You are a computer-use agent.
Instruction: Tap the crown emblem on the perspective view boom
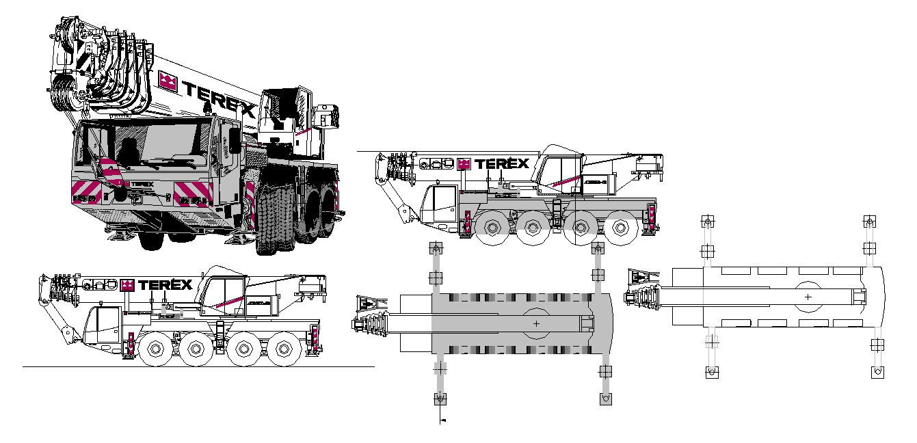pyautogui.click(x=168, y=81)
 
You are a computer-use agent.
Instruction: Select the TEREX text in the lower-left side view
pyautogui.click(x=165, y=285)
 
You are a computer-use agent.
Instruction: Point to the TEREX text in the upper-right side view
pyautogui.click(x=501, y=163)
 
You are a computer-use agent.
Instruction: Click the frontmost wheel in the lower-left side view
pyautogui.click(x=155, y=350)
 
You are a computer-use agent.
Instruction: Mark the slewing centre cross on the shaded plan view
pyautogui.click(x=536, y=323)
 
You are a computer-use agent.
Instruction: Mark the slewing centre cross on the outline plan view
pyautogui.click(x=808, y=297)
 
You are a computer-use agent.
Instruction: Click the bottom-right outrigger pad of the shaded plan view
pyautogui.click(x=604, y=399)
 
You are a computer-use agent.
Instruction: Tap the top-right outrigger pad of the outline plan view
pyautogui.click(x=869, y=221)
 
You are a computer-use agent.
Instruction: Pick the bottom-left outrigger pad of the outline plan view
pyautogui.click(x=711, y=372)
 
